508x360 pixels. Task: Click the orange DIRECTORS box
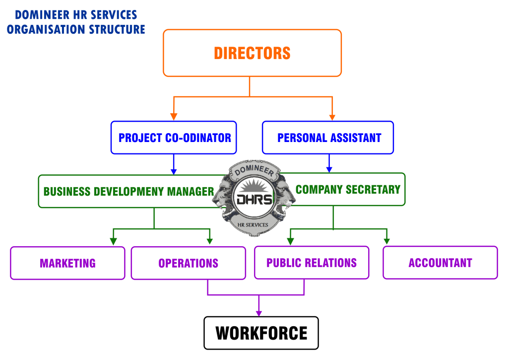[252, 53]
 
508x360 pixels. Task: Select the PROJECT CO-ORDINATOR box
[174, 138]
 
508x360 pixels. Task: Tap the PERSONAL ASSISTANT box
[328, 138]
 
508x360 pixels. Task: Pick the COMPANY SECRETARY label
[348, 189]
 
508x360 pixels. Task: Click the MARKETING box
[67, 263]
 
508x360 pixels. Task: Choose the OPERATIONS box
[189, 263]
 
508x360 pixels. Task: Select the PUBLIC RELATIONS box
[312, 263]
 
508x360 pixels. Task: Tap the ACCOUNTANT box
[440, 263]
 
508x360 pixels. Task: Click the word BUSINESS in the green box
[67, 192]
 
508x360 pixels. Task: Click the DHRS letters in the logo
[254, 199]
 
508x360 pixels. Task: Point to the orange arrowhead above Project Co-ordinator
[174, 117]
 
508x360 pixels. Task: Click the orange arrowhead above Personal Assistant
[332, 117]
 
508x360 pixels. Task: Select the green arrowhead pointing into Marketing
[114, 241]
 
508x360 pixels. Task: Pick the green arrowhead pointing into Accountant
[386, 241]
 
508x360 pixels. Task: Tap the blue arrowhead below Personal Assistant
[329, 169]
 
